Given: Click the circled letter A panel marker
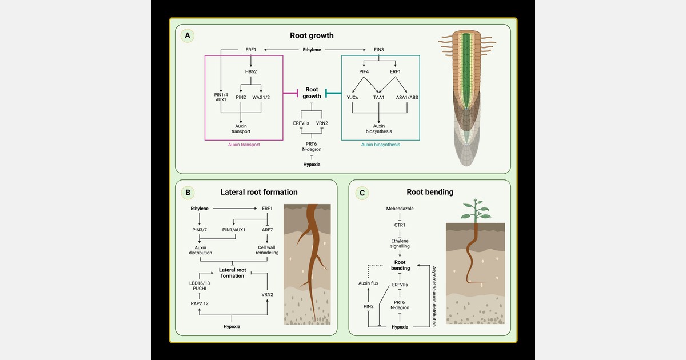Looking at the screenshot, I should tap(187, 35).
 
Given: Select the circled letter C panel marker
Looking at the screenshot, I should tap(361, 193).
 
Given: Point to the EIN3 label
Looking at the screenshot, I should tap(378, 50).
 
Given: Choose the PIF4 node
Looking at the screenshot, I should tap(364, 72).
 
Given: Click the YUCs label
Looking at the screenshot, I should tap(352, 97).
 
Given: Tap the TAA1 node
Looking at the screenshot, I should tap(378, 97).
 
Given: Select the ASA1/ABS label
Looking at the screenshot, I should tap(406, 97).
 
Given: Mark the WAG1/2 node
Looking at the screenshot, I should tap(261, 97).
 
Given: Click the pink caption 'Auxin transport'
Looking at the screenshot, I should tap(244, 145).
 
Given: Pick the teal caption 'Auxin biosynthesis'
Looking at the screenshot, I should tap(380, 145).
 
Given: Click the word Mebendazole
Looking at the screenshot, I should tap(400, 209).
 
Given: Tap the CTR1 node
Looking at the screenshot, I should tap(400, 226).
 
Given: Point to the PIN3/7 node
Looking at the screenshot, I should tap(200, 230).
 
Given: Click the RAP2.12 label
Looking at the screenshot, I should tap(200, 303).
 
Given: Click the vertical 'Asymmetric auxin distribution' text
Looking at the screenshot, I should tap(434, 295).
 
